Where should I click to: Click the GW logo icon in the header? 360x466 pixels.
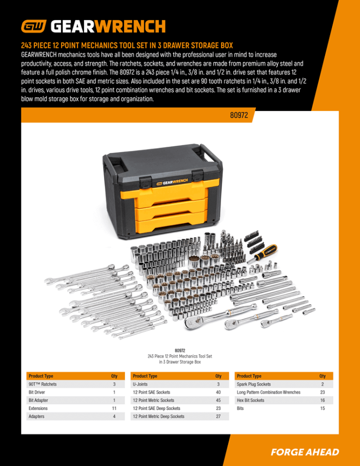[x=33, y=26]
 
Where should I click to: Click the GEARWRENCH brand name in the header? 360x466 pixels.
[x=108, y=26]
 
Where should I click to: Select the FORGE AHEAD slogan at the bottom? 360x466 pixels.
[x=304, y=452]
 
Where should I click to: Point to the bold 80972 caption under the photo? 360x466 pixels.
[x=180, y=350]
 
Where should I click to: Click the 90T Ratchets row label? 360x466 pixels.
[x=42, y=384]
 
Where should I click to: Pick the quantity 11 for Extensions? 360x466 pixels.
[x=114, y=408]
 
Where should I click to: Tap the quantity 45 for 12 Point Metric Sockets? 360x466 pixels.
[x=218, y=400]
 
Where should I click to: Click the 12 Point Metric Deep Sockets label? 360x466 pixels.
[x=158, y=416]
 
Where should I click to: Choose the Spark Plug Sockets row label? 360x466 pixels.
[x=254, y=384]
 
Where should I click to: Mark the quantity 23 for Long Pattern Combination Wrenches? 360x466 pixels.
[x=322, y=392]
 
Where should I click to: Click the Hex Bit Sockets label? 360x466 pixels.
[x=250, y=400]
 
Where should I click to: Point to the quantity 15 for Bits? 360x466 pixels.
[x=322, y=408]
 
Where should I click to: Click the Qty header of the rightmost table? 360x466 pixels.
[x=322, y=376]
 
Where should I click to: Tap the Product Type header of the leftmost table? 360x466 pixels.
[x=41, y=376]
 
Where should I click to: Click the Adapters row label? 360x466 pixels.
[x=37, y=416]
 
